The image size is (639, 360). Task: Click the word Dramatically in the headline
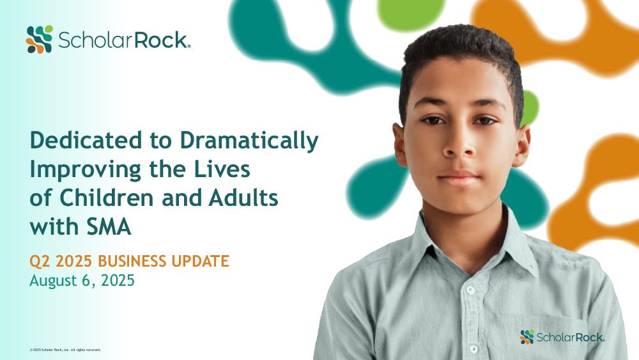pos(249,141)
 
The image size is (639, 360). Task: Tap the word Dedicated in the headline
pos(86,140)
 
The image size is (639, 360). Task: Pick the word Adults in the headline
pos(243,198)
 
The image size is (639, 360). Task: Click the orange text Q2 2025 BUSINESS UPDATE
pos(129,261)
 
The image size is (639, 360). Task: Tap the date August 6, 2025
pos(82,281)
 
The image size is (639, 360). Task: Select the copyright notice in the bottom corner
pos(65,350)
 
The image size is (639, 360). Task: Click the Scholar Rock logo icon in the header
pos(40,39)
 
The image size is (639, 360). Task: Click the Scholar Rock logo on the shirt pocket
pos(562,337)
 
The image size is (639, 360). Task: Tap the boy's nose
pos(459,144)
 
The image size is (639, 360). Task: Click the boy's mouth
pos(459,178)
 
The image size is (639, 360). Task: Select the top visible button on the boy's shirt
pos(471,290)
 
